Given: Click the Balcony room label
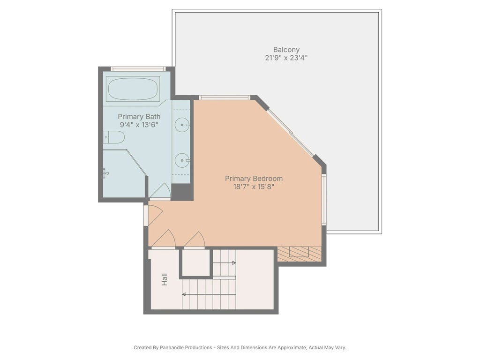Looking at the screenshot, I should pyautogui.click(x=286, y=50).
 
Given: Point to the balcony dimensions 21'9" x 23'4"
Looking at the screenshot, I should pyautogui.click(x=286, y=58).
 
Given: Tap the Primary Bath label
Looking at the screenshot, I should pyautogui.click(x=139, y=117).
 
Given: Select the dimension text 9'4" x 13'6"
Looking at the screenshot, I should pyautogui.click(x=139, y=125).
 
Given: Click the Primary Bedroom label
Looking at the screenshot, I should pyautogui.click(x=254, y=179).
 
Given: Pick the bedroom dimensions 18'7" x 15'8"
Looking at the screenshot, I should pyautogui.click(x=254, y=187).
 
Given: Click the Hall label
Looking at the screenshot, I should pyautogui.click(x=165, y=280).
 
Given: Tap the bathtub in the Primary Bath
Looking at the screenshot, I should pyautogui.click(x=133, y=89).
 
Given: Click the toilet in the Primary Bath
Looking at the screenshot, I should pyautogui.click(x=115, y=137).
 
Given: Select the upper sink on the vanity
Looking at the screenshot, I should pyautogui.click(x=182, y=125).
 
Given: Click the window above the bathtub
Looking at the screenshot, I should pyautogui.click(x=138, y=69).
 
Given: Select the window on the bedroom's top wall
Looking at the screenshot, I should pyautogui.click(x=224, y=97).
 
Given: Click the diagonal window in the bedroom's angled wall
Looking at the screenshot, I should pyautogui.click(x=290, y=133).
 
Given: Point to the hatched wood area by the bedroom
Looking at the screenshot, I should pyautogui.click(x=299, y=254).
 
